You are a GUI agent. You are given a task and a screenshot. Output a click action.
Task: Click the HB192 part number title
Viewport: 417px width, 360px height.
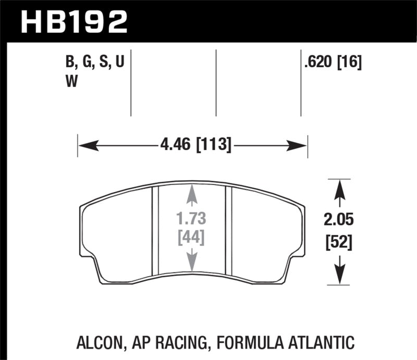pyautogui.click(x=73, y=22)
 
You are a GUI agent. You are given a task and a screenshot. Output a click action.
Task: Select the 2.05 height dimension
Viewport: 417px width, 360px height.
pyautogui.click(x=340, y=220)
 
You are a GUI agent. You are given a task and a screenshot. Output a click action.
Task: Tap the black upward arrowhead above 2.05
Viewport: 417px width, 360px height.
pyautogui.click(x=340, y=187)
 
